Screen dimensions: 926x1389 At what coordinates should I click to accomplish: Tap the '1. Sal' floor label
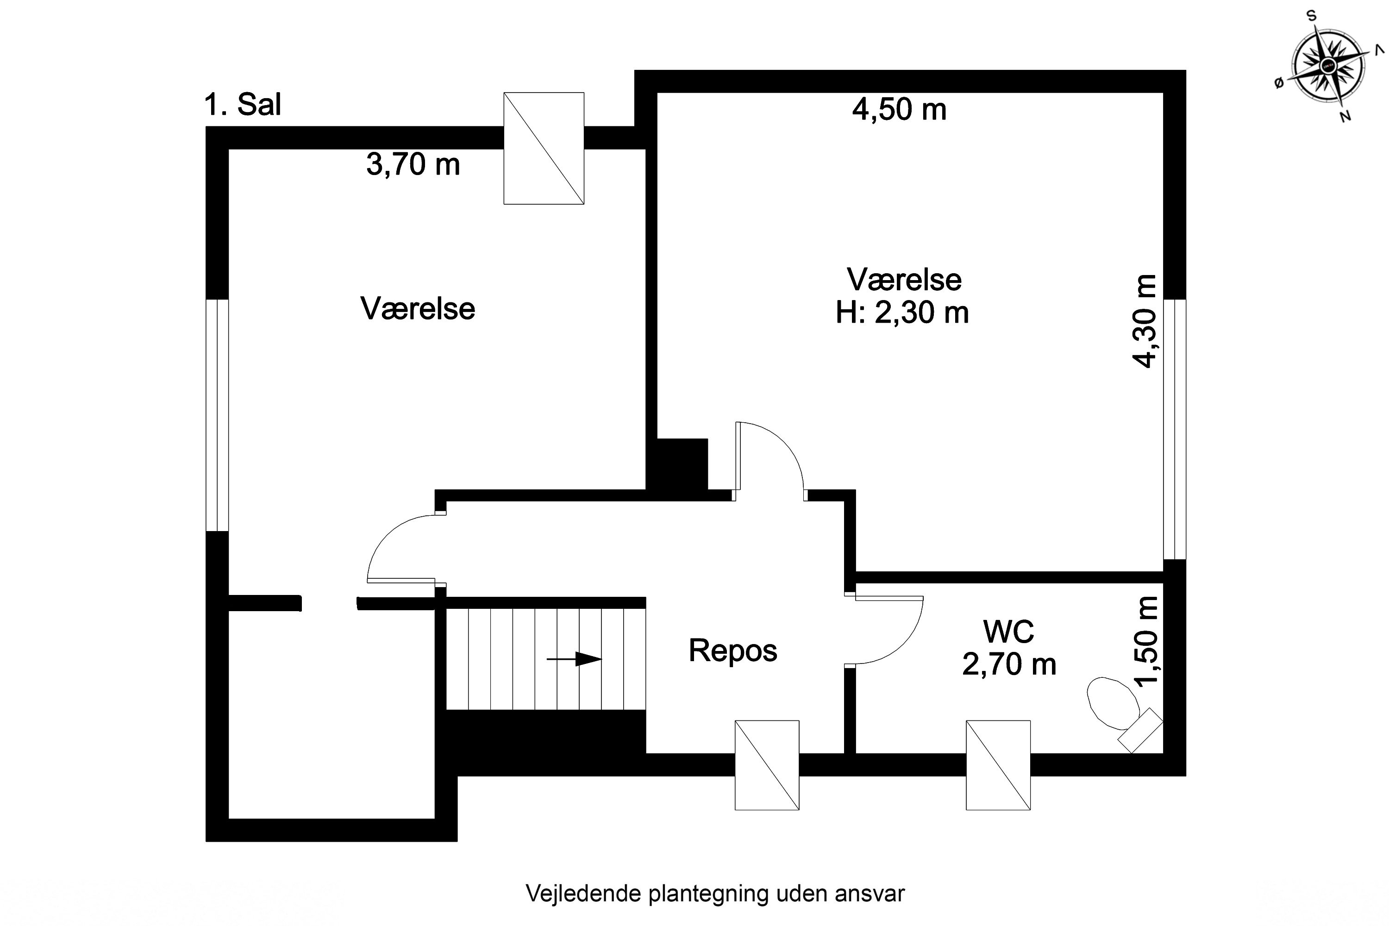coord(242,105)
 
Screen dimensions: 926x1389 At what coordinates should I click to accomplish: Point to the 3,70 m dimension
coord(413,164)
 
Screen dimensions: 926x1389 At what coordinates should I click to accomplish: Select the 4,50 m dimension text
coord(899,110)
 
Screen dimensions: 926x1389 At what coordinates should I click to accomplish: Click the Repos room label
coord(732,651)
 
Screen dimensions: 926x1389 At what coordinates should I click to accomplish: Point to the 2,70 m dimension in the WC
coord(1009,664)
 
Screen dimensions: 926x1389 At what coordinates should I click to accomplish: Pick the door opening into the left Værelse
coord(401,549)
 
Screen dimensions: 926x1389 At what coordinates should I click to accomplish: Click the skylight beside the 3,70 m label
coord(543,148)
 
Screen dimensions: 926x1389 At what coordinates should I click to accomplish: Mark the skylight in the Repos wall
coord(767,765)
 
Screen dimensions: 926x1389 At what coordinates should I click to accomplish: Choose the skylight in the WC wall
coord(998,765)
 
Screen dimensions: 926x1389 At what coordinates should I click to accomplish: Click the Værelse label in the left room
coord(418,309)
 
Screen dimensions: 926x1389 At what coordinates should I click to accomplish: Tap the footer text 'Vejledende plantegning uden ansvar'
coord(714,894)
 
